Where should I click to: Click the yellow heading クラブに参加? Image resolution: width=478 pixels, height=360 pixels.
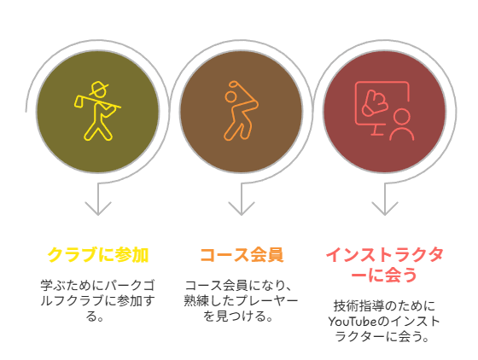pyautogui.click(x=98, y=255)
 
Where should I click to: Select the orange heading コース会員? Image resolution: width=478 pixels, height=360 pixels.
pyautogui.click(x=242, y=255)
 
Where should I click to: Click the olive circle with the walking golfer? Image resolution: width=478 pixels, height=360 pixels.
pyautogui.click(x=98, y=112)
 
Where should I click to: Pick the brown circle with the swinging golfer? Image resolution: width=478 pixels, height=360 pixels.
pyautogui.click(x=241, y=112)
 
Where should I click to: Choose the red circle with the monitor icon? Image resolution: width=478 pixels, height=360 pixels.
pyautogui.click(x=384, y=112)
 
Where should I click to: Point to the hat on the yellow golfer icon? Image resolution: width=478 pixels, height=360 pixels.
pyautogui.click(x=98, y=88)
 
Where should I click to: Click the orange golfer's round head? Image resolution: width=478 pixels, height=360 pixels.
pyautogui.click(x=230, y=96)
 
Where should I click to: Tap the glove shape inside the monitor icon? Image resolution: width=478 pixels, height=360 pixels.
pyautogui.click(x=375, y=103)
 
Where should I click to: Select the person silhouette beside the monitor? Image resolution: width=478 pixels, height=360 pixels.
pyautogui.click(x=401, y=125)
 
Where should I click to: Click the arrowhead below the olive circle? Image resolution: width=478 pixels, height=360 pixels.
pyautogui.click(x=98, y=209)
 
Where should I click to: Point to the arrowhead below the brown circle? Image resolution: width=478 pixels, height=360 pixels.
pyautogui.click(x=241, y=209)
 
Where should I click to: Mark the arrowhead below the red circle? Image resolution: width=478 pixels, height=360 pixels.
pyautogui.click(x=384, y=209)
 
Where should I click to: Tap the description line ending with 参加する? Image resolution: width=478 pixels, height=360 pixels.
pyautogui.click(x=97, y=301)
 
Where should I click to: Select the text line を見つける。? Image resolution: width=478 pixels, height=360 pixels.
pyautogui.click(x=238, y=316)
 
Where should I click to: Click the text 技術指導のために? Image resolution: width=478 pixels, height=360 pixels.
pyautogui.click(x=384, y=306)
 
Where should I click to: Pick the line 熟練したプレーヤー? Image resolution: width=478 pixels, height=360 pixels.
pyautogui.click(x=241, y=301)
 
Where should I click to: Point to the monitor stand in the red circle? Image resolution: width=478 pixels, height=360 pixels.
pyautogui.click(x=377, y=130)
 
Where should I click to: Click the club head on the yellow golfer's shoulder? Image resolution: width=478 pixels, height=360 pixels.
pyautogui.click(x=78, y=102)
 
